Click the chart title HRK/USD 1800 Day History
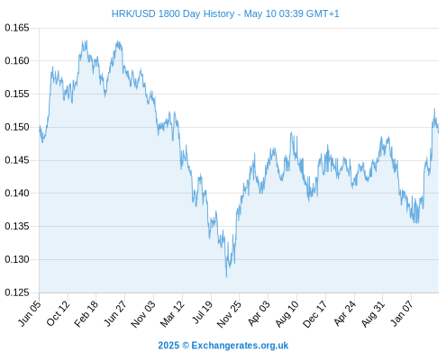click(173, 13)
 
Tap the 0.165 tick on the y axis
click(17, 28)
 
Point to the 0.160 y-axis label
click(17, 61)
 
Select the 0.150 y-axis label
click(17, 127)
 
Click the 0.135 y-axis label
click(17, 226)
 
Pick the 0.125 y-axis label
click(17, 292)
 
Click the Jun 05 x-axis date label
click(30, 313)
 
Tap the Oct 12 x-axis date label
click(58, 313)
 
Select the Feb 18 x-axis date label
click(86, 313)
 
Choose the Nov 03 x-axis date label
click(143, 314)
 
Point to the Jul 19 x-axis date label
click(202, 312)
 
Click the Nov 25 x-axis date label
click(229, 314)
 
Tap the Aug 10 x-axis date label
click(287, 314)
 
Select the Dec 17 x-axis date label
click(314, 314)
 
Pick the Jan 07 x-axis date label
click(402, 313)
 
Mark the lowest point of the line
click(226, 277)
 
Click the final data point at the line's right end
click(439, 132)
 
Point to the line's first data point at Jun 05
click(40, 130)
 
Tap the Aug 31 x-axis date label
click(373, 314)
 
